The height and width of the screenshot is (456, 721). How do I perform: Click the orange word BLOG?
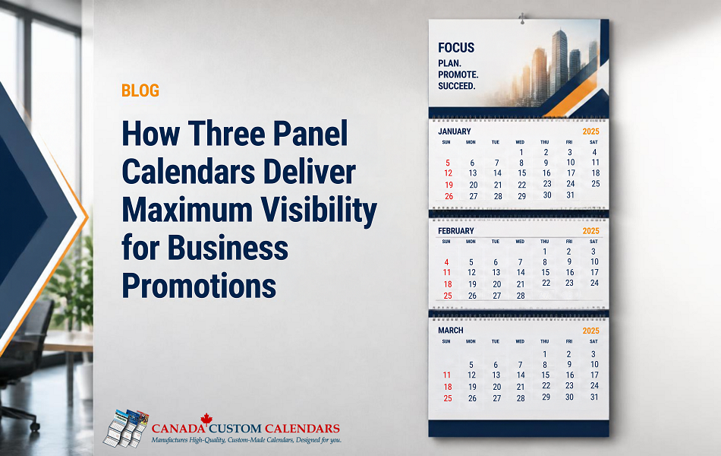[x=140, y=90]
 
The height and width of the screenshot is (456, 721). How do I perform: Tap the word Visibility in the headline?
[x=319, y=211]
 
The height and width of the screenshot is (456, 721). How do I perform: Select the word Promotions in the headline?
[x=199, y=286]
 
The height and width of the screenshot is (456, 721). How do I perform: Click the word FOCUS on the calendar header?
[x=455, y=48]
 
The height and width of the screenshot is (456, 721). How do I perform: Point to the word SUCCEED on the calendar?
[x=456, y=86]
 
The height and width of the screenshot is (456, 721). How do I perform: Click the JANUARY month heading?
[x=455, y=131]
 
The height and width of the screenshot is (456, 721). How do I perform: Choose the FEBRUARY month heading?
[x=455, y=231]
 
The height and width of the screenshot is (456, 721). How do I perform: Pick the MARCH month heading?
[x=451, y=331]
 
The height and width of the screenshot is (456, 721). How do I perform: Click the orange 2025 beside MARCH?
[x=591, y=331]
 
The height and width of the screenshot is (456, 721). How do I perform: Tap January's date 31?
[x=570, y=195]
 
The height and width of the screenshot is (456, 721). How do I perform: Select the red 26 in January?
[x=449, y=196]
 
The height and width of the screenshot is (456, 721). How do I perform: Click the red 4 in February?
[x=446, y=262]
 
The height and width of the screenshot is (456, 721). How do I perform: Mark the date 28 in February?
[x=521, y=296]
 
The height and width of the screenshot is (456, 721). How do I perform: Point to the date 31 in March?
[x=594, y=397]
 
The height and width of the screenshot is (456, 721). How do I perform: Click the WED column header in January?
[x=520, y=142]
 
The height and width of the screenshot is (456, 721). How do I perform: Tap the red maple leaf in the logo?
[x=206, y=418]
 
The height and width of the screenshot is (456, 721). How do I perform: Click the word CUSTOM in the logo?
[x=235, y=429]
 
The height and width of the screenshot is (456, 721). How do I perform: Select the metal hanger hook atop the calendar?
[x=522, y=18]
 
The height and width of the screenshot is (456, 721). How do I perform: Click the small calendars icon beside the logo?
[x=125, y=429]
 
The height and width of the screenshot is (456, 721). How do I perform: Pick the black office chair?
[x=23, y=359]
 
